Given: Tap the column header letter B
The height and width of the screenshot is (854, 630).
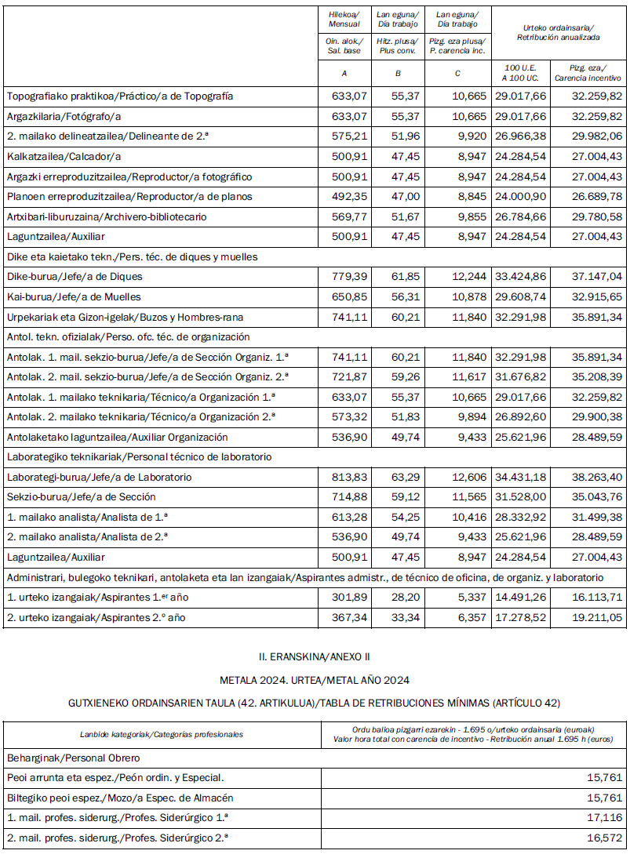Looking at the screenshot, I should pos(398,75).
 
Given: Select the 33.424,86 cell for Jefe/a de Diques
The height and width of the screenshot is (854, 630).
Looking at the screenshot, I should pos(523,277).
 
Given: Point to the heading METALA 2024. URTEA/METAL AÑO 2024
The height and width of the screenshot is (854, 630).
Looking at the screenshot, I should pos(315,680).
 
